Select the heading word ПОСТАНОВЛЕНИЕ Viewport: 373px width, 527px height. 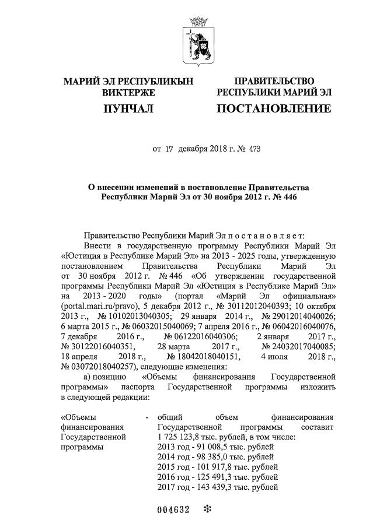click(274, 108)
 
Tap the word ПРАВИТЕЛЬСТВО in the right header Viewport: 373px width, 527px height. click(274, 80)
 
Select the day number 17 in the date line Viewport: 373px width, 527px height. click(169, 149)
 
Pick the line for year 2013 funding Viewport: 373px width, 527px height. click(217, 447)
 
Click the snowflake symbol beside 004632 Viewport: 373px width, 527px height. click(205, 509)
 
